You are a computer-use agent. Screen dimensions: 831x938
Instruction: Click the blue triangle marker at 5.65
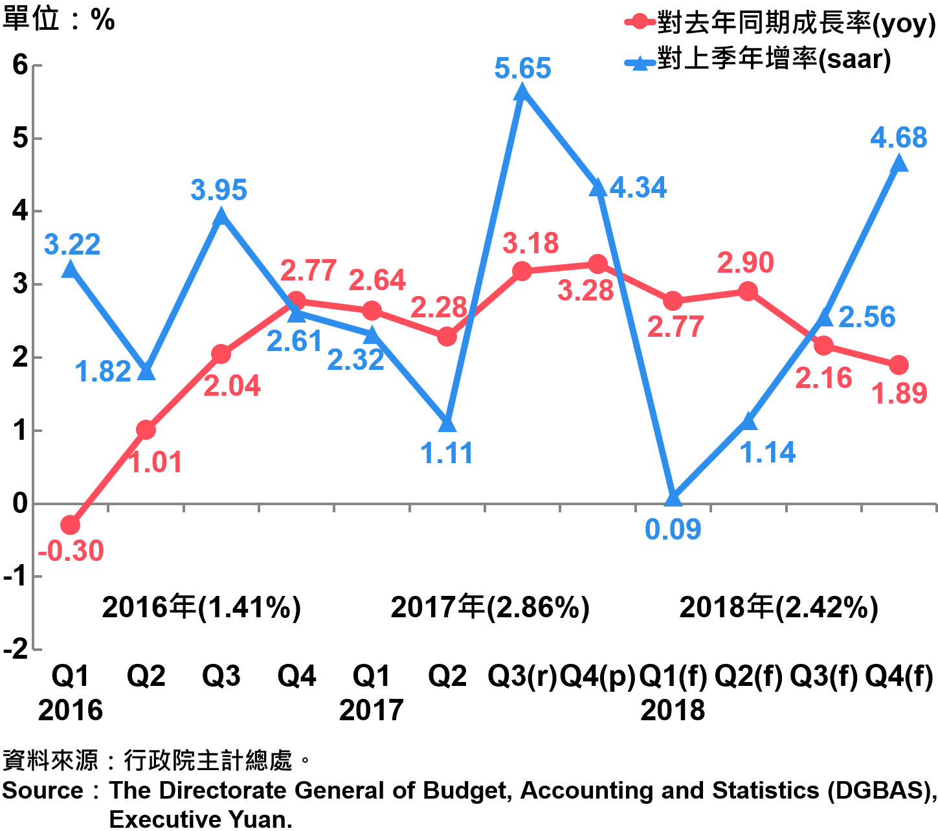click(x=522, y=93)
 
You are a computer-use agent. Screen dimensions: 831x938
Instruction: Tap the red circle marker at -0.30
click(x=71, y=525)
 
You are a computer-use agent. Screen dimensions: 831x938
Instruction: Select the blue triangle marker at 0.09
click(x=673, y=498)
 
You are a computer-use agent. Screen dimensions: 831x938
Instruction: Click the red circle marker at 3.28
click(x=597, y=264)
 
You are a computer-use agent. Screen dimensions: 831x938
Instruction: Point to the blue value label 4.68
click(x=899, y=138)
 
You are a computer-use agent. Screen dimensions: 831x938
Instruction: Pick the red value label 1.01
click(x=156, y=462)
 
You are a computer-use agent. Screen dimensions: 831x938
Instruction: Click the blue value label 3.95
click(x=219, y=190)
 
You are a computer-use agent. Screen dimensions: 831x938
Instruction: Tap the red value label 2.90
click(x=745, y=263)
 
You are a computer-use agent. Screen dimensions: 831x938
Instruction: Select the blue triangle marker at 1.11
click(x=447, y=424)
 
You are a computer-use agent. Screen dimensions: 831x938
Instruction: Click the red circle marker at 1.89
click(x=899, y=365)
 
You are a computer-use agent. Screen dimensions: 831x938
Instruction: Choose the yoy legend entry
click(x=780, y=24)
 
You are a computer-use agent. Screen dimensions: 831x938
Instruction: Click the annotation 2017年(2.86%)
click(x=490, y=608)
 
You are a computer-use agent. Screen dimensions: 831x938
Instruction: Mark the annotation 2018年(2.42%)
click(x=779, y=608)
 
